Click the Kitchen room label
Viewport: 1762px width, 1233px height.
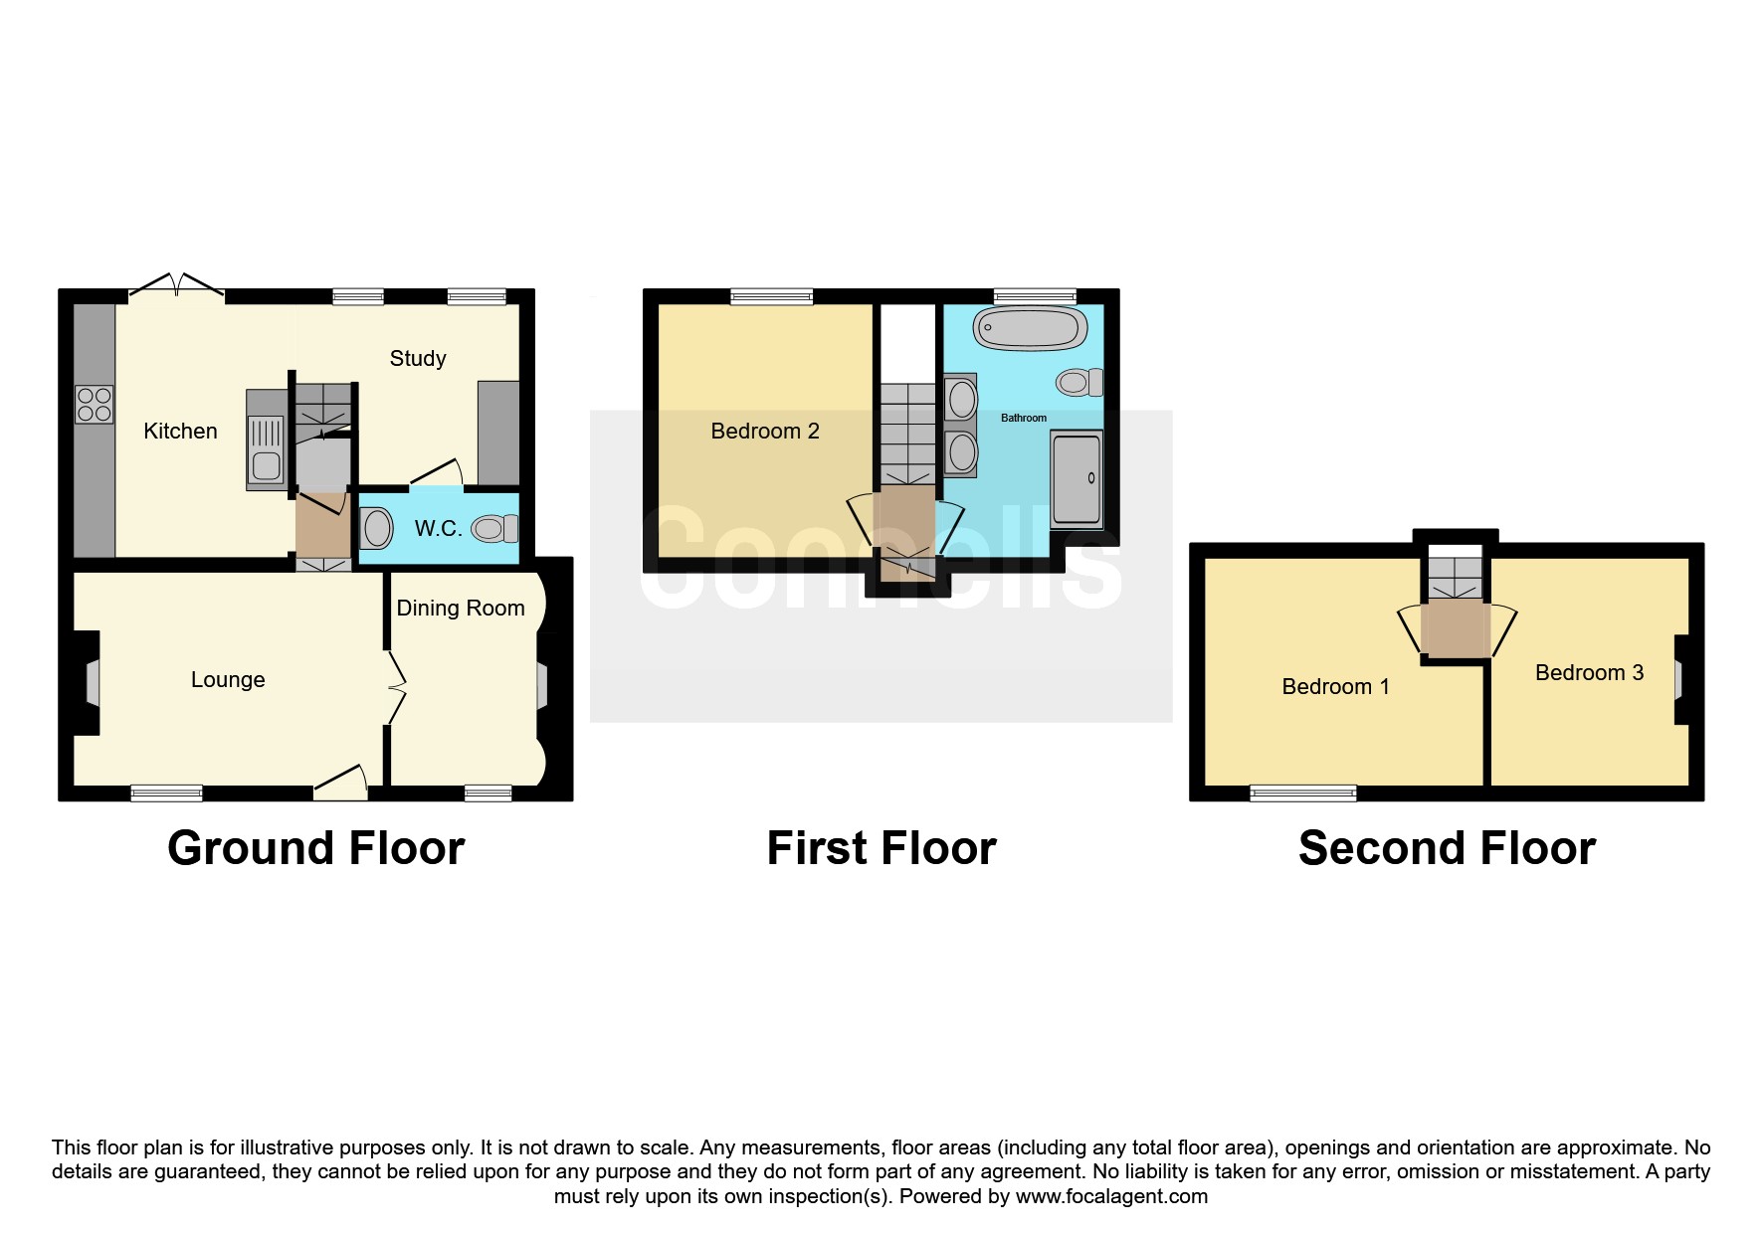pos(180,431)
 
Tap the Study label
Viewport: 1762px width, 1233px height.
pos(418,358)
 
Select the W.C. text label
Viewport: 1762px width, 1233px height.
pos(439,528)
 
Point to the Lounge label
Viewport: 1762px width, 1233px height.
pos(228,680)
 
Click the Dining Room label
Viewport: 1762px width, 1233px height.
pos(461,608)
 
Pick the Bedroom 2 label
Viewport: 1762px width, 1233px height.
pos(765,431)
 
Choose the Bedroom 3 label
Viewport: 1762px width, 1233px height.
pos(1589,672)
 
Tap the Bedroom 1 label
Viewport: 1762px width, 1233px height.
pos(1335,686)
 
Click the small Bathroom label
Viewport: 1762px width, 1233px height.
pos(1024,418)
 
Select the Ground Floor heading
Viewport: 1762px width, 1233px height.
pos(316,848)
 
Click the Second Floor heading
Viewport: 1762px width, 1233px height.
pos(1447,848)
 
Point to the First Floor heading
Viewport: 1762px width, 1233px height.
pos(881,848)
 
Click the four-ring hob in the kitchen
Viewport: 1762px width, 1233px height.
pos(95,404)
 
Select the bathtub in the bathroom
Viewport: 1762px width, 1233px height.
pos(1030,328)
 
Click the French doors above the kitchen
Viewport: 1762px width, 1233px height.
pos(176,285)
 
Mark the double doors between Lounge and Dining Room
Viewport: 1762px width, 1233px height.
pos(397,686)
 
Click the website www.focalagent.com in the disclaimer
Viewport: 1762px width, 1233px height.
pos(1111,1196)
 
